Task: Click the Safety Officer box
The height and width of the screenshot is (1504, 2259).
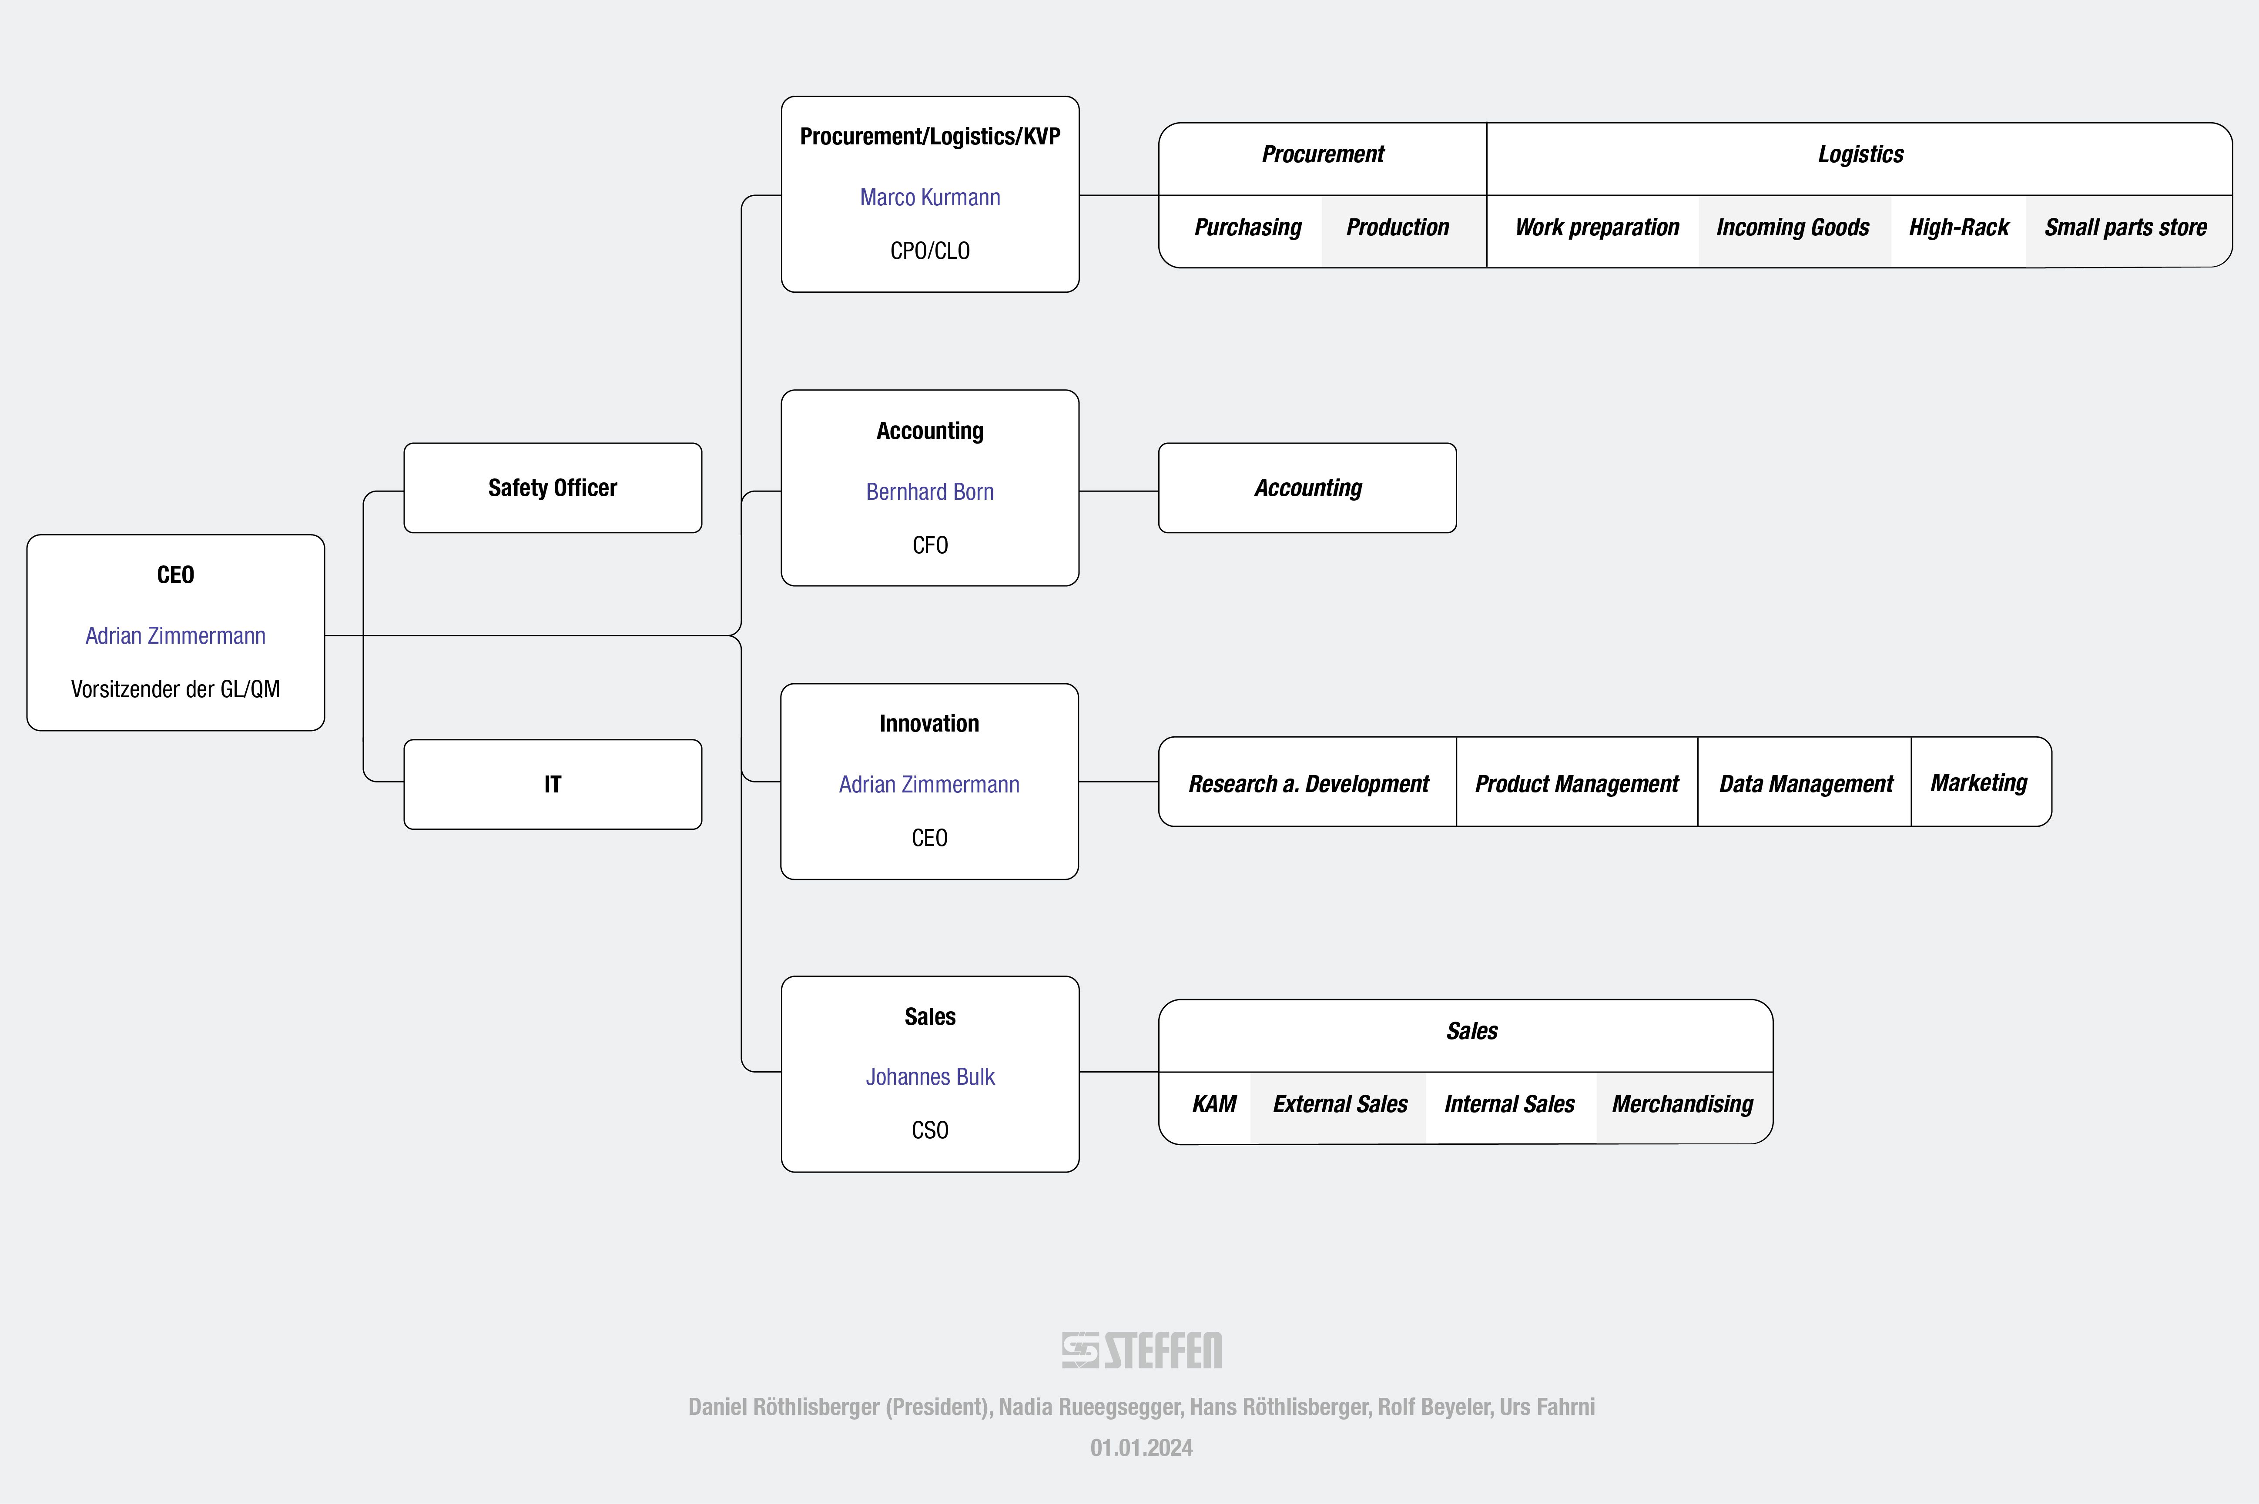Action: [553, 487]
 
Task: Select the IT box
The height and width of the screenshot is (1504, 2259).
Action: [553, 784]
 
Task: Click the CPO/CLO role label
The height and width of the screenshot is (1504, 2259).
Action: [929, 251]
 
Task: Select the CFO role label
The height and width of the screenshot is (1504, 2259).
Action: [929, 545]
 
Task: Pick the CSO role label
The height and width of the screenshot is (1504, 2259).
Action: [929, 1130]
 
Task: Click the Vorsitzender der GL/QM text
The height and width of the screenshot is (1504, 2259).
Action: [175, 688]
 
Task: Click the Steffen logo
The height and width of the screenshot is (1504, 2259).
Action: [1142, 1350]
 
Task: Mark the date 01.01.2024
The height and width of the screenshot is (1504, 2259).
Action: [1142, 1447]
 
